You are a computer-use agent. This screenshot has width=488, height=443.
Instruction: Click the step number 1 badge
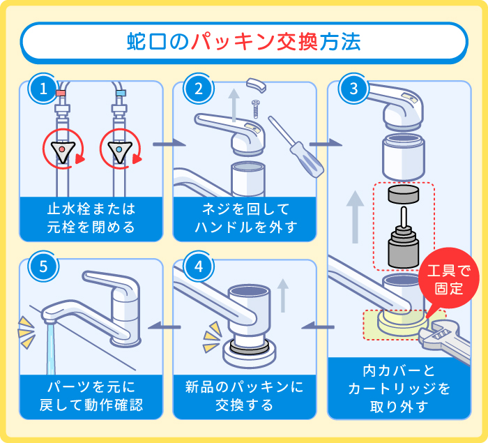pos(43,89)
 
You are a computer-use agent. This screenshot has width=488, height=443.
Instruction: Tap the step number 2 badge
pos(199,89)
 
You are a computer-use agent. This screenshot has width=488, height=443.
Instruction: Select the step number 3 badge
pos(353,89)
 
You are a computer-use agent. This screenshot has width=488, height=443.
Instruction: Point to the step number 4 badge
pos(199,266)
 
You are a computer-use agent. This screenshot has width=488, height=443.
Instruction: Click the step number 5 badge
pos(43,266)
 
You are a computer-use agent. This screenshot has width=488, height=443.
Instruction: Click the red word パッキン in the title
pos(254,43)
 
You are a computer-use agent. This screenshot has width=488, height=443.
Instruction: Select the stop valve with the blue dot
pos(120,149)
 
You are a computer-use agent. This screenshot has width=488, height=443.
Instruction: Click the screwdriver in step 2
pos(296,146)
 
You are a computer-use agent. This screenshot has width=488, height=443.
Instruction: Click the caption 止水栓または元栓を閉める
pos(91,218)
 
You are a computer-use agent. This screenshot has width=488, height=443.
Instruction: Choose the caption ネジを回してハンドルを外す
pos(245,218)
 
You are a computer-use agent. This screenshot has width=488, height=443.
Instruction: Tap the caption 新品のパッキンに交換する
pos(245,396)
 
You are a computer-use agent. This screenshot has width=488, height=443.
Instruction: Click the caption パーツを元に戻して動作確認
pos(91,396)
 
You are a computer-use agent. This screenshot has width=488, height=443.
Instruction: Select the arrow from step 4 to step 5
pos(168,323)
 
